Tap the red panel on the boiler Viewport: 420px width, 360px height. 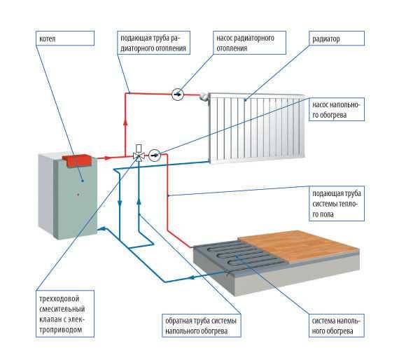(x=77, y=160)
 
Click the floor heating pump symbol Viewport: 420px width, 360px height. (x=155, y=155)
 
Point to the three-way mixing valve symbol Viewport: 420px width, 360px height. (x=139, y=155)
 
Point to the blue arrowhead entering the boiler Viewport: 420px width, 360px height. (x=101, y=228)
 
